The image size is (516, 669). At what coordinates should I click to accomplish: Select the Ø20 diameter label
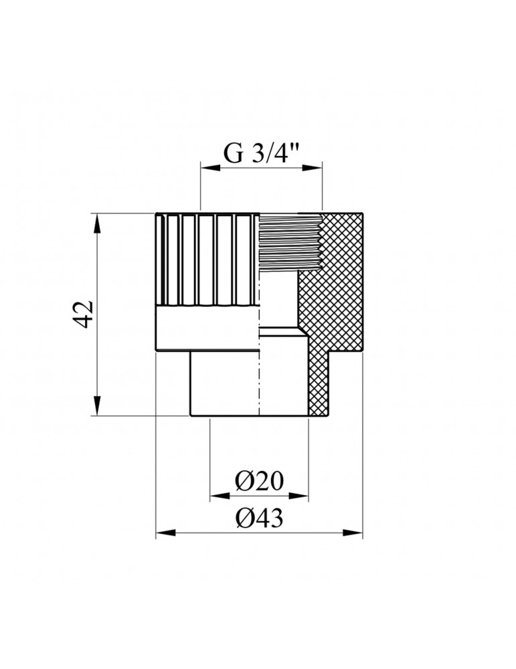[x=260, y=481]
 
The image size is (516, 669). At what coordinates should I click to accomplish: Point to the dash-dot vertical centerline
[x=258, y=375]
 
